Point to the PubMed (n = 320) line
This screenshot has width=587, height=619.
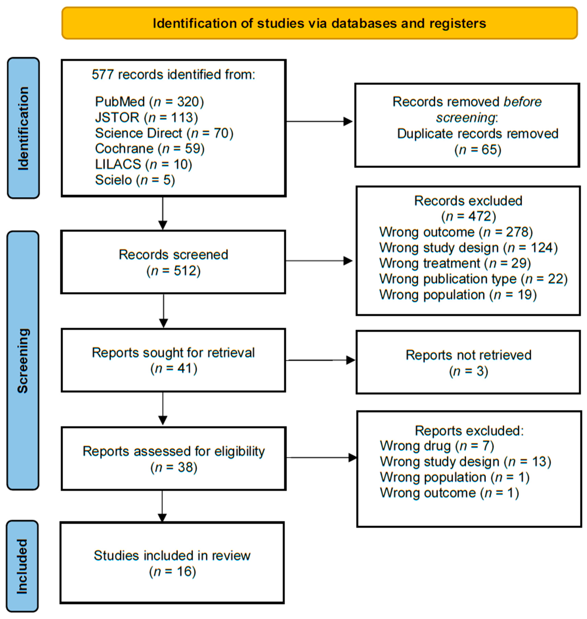[x=149, y=102]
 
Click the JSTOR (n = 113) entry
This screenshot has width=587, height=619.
[x=146, y=117]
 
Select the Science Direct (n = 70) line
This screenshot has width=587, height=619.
[x=164, y=133]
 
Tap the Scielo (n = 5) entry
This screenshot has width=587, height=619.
[x=135, y=180]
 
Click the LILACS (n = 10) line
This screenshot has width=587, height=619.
[x=143, y=164]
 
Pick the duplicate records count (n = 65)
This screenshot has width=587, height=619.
[x=478, y=150]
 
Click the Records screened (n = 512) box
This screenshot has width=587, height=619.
[x=173, y=262]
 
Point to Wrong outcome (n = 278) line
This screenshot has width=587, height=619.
[x=456, y=232]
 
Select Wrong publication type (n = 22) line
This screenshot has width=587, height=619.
[x=473, y=279]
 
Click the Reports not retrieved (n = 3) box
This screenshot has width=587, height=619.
[x=468, y=362]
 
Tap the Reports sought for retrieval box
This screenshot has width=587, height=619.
[x=173, y=360]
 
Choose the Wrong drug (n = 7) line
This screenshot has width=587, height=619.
[x=437, y=446]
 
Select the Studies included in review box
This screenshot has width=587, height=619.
[x=172, y=563]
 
